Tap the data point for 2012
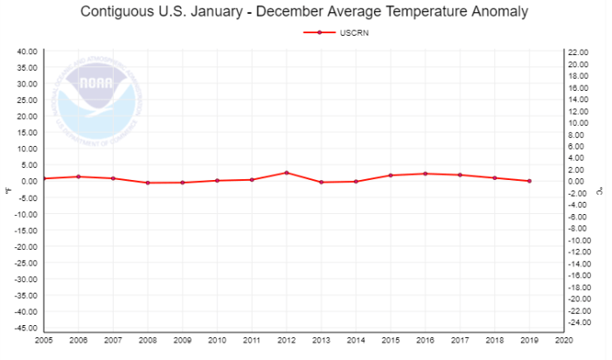click(x=287, y=172)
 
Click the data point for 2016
click(x=425, y=173)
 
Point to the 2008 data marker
click(x=148, y=183)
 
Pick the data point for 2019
click(x=529, y=181)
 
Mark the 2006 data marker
click(x=79, y=177)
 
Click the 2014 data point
click(x=356, y=181)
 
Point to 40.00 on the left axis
click(x=26, y=52)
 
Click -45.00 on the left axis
click(x=24, y=328)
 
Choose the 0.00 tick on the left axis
click(x=28, y=182)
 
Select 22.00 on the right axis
click(x=578, y=52)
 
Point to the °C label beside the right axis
click(x=602, y=188)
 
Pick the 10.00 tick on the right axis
click(x=578, y=123)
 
